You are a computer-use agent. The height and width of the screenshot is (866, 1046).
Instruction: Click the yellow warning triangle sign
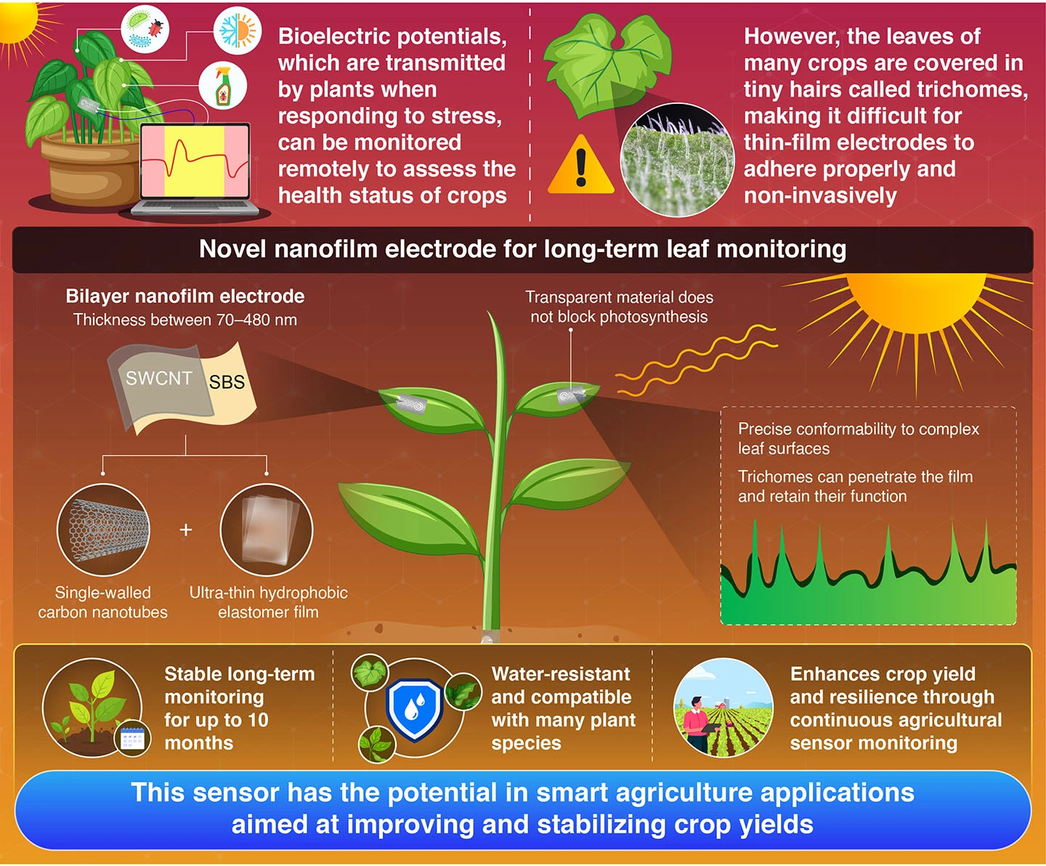pos(580,167)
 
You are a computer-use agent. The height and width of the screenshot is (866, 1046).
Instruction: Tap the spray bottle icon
pos(222,86)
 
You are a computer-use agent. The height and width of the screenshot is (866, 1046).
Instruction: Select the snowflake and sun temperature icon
pos(237,32)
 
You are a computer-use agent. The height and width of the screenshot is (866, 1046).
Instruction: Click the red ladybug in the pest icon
pos(155,28)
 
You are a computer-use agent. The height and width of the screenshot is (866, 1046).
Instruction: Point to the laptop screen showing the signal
pos(195,162)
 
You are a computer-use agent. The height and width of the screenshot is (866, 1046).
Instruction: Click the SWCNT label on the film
pos(158,379)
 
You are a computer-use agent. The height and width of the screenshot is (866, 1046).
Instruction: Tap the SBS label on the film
pos(227,382)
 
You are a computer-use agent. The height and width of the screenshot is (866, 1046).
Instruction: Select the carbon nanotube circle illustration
pos(103,530)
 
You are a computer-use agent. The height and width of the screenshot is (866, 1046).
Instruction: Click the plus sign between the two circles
pos(186,530)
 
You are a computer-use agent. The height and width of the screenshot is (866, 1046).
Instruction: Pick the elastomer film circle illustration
pos(267,530)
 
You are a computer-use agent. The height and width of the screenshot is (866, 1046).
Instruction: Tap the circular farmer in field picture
pos(723,708)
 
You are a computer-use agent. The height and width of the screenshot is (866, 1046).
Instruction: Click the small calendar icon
pos(132,739)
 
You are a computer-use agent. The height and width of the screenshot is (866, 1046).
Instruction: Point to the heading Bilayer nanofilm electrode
pos(185,296)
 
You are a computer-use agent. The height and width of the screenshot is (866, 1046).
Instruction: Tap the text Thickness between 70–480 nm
pos(185,320)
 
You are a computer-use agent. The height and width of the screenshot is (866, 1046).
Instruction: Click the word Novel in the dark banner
pos(233,249)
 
